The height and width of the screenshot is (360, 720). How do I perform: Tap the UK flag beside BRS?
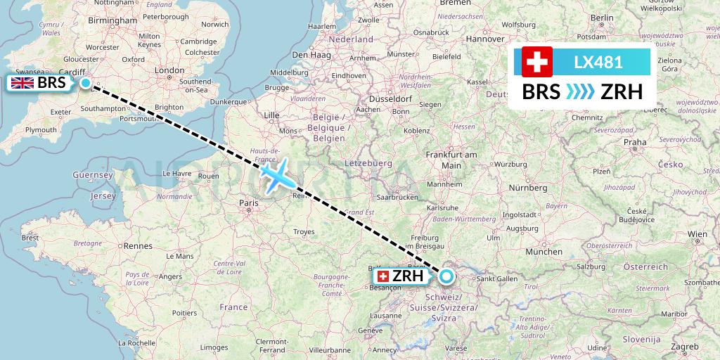(22, 83)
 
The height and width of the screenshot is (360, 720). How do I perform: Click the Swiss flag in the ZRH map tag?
(383, 276)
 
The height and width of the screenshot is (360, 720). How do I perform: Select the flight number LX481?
(598, 62)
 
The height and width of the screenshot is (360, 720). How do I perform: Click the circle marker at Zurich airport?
(446, 276)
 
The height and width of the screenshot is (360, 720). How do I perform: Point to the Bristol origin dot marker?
(86, 83)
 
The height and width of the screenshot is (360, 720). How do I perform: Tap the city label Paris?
(248, 203)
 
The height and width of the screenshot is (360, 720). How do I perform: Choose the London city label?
(169, 70)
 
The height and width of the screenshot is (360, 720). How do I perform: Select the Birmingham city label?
(113, 21)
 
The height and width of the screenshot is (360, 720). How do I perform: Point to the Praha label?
(634, 143)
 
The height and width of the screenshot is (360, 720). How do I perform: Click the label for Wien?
(697, 233)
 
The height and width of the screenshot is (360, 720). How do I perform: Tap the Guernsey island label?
(93, 175)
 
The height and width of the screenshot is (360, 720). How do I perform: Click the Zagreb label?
(685, 347)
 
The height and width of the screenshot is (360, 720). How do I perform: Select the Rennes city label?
(138, 246)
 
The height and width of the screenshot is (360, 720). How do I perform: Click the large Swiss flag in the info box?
(537, 62)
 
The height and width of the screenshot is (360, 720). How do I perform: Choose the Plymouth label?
(40, 130)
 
